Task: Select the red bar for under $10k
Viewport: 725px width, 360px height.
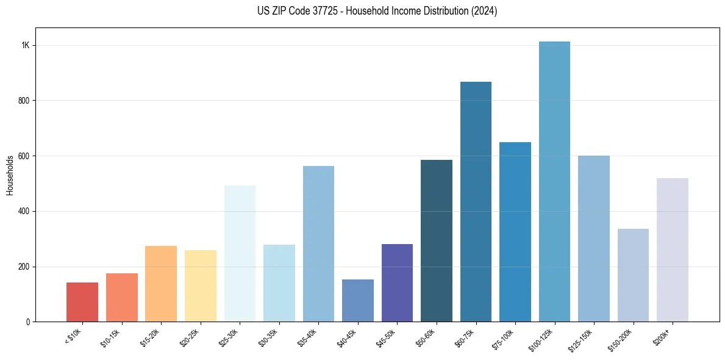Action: click(x=82, y=302)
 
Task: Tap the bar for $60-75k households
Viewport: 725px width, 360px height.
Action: click(x=476, y=201)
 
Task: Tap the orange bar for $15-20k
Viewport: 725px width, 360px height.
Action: click(x=161, y=284)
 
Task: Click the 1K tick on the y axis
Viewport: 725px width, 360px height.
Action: click(x=26, y=46)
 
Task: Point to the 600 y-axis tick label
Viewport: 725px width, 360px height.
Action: click(x=24, y=156)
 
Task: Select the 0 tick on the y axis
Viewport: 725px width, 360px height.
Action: click(x=28, y=322)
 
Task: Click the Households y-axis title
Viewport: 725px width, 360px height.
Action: click(x=10, y=175)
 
